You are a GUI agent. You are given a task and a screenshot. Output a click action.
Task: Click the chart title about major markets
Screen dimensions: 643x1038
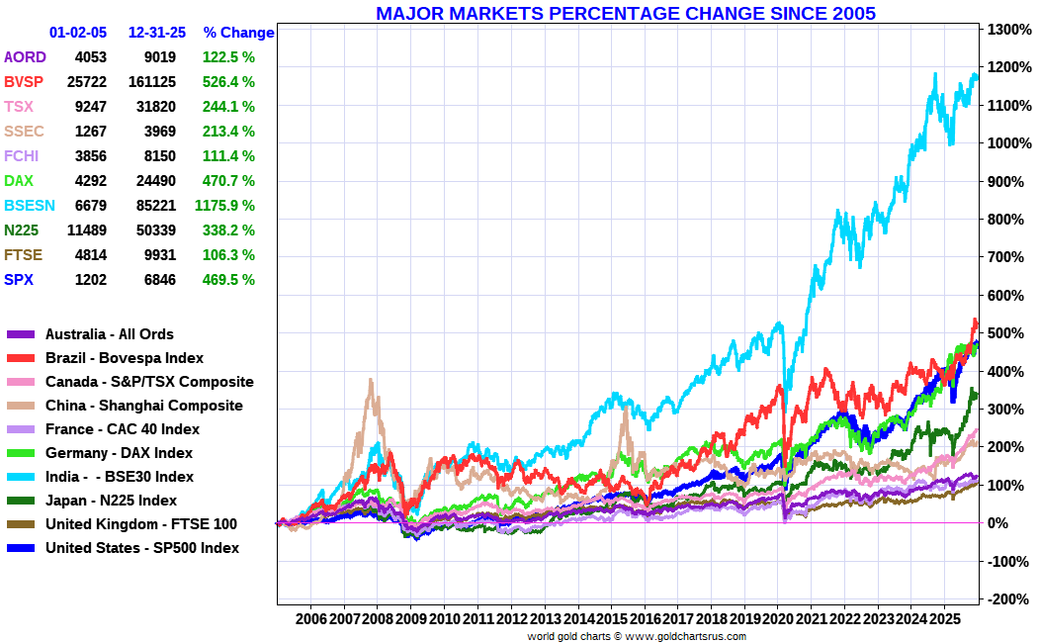(625, 13)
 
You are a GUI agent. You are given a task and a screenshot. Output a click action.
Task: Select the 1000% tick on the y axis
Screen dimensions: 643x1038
(1009, 143)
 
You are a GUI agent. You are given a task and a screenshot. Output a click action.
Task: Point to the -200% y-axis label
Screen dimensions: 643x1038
(1007, 599)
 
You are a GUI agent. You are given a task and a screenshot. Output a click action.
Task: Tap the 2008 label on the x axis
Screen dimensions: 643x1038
(378, 618)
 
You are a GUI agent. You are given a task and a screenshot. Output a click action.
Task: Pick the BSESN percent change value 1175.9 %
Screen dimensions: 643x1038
(225, 206)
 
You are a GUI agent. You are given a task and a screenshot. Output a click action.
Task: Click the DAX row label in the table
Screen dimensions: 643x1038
(19, 181)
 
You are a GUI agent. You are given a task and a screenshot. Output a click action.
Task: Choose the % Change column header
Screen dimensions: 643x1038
(238, 33)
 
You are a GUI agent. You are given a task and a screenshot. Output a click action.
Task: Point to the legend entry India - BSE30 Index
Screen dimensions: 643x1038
(119, 477)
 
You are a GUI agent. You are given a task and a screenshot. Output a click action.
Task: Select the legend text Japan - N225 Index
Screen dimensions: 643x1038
(111, 501)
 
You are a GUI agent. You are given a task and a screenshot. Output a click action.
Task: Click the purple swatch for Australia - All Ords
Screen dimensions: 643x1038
(21, 334)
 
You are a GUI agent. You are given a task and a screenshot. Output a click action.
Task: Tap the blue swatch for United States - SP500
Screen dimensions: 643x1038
(21, 548)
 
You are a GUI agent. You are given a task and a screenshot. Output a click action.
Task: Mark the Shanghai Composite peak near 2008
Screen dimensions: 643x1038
(371, 381)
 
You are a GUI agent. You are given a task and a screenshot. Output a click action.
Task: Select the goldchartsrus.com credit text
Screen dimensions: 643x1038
(636, 636)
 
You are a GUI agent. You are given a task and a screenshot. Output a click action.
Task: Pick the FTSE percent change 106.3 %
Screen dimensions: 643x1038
(228, 255)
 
